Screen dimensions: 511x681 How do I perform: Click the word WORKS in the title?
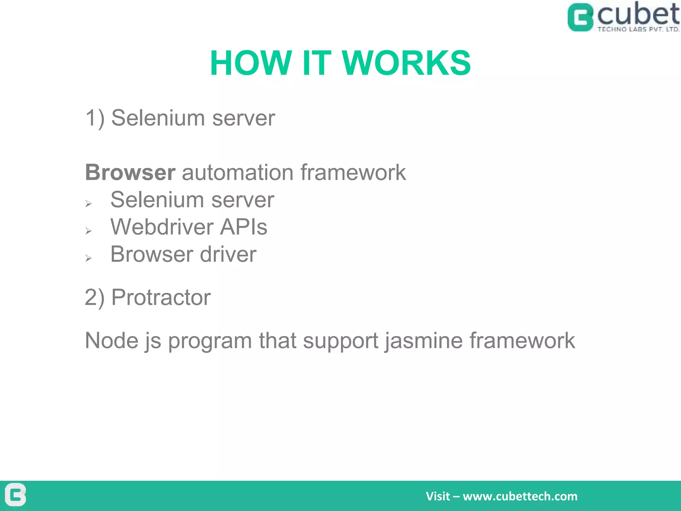(406, 63)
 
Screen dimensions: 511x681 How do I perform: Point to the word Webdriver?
(162, 227)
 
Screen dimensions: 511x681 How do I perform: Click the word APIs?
(244, 227)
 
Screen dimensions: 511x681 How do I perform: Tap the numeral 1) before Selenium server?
(95, 118)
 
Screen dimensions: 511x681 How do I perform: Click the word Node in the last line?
(111, 341)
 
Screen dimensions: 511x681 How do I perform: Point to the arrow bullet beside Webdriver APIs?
(88, 231)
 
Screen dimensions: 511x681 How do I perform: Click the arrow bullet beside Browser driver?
(88, 258)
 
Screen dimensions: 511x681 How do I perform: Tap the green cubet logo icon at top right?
(580, 18)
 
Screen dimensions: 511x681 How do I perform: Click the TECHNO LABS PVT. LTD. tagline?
(638, 29)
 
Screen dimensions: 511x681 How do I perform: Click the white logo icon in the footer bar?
(16, 495)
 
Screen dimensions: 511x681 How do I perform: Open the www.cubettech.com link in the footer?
(520, 496)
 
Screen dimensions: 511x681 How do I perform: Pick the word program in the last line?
(210, 341)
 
